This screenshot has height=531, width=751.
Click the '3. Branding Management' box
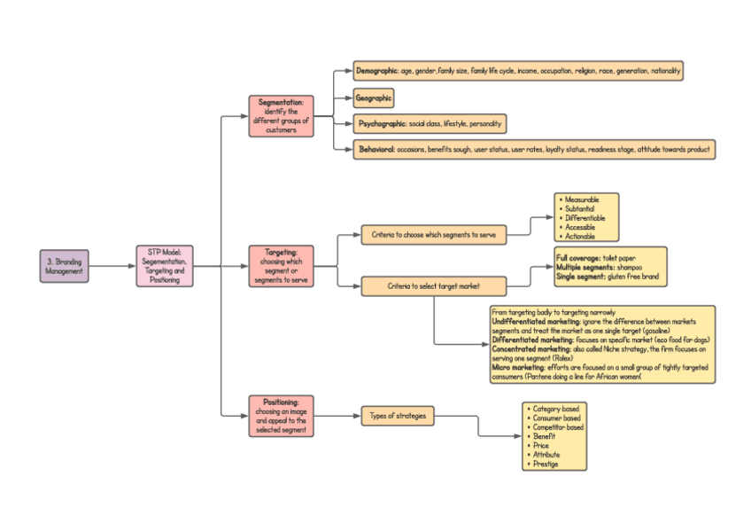[x=64, y=266]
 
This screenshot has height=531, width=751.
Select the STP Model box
[x=164, y=266]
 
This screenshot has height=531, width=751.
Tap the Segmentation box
[x=281, y=116]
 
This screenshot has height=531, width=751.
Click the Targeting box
[x=281, y=266]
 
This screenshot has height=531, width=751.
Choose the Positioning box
[x=281, y=416]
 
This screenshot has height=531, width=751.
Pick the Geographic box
[x=373, y=98]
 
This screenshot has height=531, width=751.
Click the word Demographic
[x=376, y=70]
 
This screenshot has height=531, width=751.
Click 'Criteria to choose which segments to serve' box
[x=434, y=235]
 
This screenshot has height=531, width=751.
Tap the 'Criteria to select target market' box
[x=434, y=286]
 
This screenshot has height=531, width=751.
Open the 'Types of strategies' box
[x=398, y=416]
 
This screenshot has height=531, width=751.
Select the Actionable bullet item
[x=580, y=236]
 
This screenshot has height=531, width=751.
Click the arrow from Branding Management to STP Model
[x=112, y=266]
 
